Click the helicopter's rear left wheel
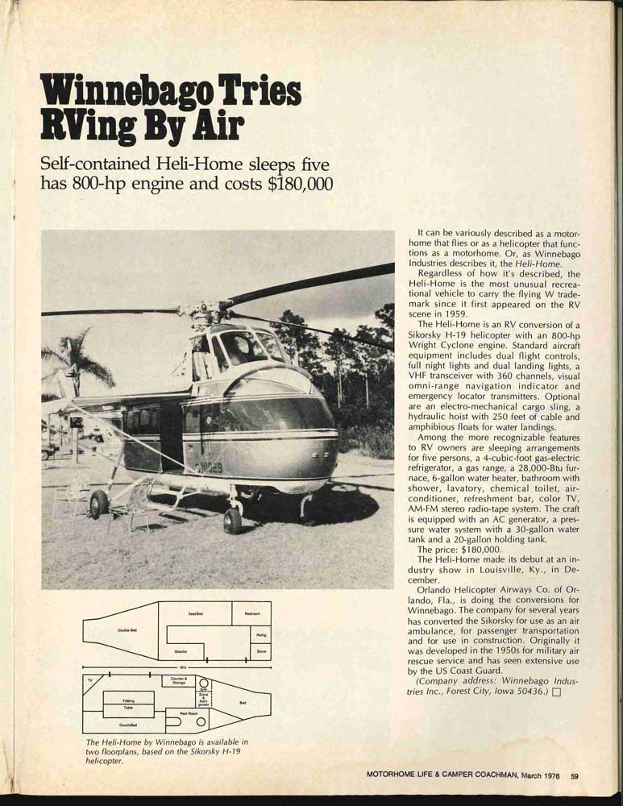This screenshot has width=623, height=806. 99,504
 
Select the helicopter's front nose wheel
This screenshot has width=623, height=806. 232,520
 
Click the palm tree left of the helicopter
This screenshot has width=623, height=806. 77,363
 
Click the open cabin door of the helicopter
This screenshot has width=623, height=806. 171,435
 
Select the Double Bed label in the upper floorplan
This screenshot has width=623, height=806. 127,630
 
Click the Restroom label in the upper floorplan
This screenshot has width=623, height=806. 251,614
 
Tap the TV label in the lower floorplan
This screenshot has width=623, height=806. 89,682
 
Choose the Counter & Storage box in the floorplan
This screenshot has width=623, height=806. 179,681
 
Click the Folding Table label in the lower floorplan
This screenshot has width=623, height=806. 128,704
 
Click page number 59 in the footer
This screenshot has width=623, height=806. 575,776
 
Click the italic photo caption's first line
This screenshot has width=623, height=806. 167,742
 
